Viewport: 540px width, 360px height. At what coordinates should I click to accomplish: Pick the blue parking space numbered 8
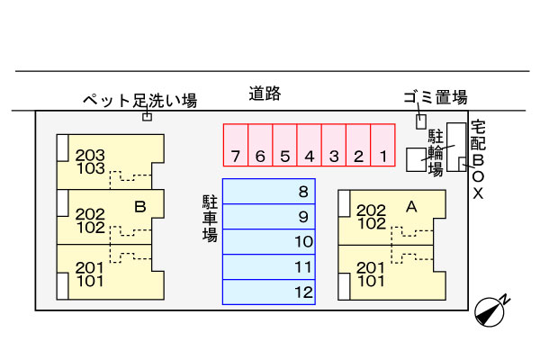(268, 191)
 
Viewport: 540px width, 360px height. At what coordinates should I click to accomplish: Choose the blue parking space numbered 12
(268, 292)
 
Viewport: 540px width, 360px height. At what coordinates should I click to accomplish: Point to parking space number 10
(268, 241)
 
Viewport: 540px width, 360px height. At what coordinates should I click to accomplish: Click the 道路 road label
(266, 93)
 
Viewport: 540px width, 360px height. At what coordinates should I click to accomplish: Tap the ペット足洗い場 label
(139, 100)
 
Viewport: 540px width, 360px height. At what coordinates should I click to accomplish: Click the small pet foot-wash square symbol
(148, 115)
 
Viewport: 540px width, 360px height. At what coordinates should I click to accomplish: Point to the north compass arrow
(491, 310)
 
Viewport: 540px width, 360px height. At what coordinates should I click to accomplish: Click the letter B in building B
(139, 207)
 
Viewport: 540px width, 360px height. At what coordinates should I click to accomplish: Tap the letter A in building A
(411, 207)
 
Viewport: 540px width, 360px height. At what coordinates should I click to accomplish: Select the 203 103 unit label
(91, 162)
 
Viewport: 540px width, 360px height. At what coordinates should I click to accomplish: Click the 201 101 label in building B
(90, 274)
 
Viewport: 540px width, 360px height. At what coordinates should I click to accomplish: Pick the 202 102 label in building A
(372, 217)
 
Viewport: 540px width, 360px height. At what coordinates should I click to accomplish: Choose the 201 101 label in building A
(372, 274)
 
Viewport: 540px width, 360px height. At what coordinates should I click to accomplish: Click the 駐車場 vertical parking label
(210, 216)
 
